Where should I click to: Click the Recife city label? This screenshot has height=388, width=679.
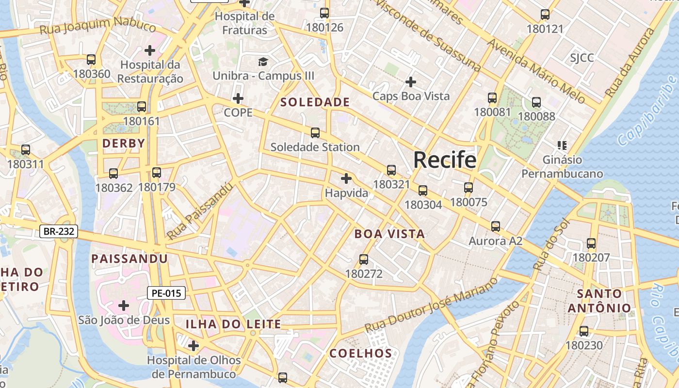[x=445, y=160]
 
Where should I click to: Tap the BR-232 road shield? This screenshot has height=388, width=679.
[x=59, y=231]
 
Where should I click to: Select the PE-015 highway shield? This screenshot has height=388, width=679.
[x=166, y=293]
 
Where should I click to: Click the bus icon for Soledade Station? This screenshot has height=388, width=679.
[x=315, y=132]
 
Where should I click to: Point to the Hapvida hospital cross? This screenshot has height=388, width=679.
[x=346, y=178]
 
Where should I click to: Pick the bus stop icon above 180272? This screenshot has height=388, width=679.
[x=364, y=259]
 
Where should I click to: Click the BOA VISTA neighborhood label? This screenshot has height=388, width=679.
[x=389, y=234]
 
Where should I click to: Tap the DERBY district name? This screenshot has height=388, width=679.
[x=124, y=143]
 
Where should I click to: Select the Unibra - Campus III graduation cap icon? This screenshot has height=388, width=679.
[x=263, y=62]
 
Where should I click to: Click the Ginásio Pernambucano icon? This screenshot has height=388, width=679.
[x=562, y=145]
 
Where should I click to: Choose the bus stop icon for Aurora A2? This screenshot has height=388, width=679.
[x=495, y=226]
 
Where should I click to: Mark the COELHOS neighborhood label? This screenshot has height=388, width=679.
[x=360, y=354]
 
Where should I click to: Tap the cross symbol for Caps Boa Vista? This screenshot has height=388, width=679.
[x=411, y=81]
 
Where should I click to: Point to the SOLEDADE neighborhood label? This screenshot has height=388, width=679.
[x=315, y=102]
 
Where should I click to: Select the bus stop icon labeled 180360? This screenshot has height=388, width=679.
[x=91, y=60]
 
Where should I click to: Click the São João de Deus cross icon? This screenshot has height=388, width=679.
[x=124, y=306]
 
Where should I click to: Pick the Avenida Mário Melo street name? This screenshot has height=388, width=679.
[x=536, y=71]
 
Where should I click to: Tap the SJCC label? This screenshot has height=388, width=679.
[x=582, y=58]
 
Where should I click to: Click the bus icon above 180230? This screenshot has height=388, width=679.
[x=584, y=331]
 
